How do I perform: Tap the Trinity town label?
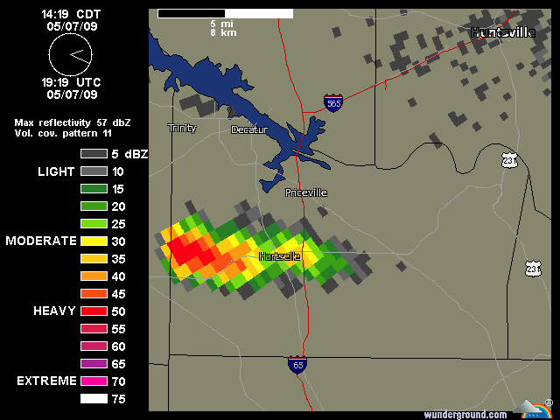point(182,129)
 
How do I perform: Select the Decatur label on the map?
point(248,129)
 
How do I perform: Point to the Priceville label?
point(306,192)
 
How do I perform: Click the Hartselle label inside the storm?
point(280,256)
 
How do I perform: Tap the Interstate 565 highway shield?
point(332,102)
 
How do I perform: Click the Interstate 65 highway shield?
point(297,364)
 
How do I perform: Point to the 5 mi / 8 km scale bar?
point(225,14)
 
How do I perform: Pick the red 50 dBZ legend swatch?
point(93,311)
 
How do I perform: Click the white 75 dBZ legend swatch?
point(93,398)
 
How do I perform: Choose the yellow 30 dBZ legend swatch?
point(93,241)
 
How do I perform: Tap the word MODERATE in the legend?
point(40,241)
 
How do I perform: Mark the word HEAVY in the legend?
point(54,311)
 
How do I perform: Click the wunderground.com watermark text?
point(465,414)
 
